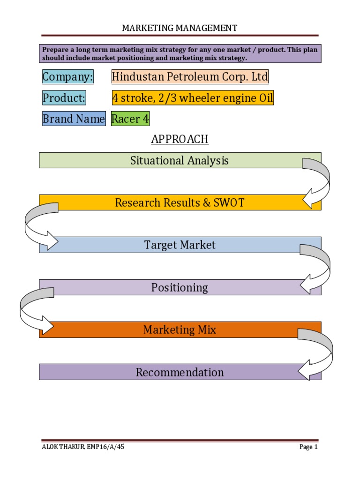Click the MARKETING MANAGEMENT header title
180,28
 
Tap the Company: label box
67,77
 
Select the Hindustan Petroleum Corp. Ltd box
190,77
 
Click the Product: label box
64,98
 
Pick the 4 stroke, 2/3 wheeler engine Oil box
192,98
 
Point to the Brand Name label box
74,119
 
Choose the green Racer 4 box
130,119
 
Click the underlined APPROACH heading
180,139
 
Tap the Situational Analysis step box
180,160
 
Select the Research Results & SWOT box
180,202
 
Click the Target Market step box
180,245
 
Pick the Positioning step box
180,287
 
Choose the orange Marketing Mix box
180,330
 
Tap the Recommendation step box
180,372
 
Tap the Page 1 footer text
308,447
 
